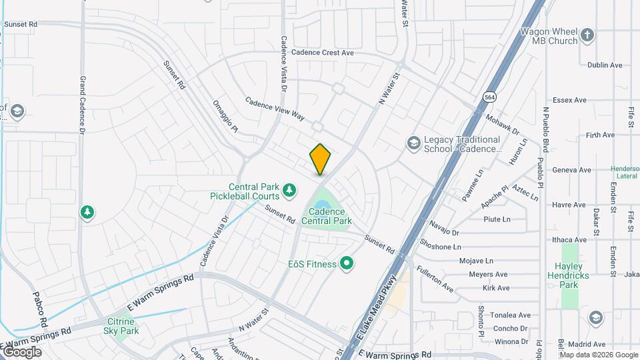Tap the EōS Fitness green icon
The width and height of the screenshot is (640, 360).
[346, 264]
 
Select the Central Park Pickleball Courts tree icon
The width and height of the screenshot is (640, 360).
[289, 191]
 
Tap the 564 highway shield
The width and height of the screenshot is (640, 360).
[490, 97]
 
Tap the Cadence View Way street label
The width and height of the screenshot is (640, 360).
[275, 109]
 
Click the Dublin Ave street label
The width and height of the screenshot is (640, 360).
[604, 65]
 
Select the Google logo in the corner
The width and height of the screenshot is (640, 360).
[21, 351]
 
